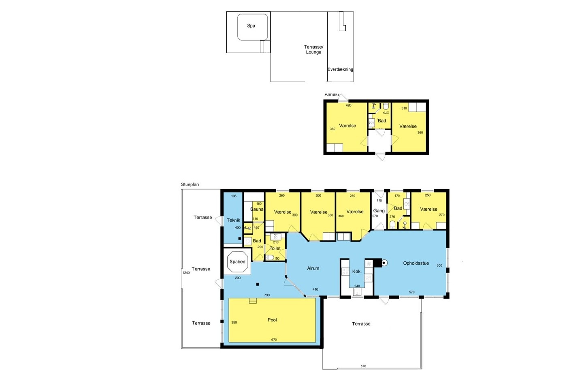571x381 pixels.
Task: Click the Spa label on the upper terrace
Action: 251,26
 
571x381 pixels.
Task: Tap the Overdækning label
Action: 340,69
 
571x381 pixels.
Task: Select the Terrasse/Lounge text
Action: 313,49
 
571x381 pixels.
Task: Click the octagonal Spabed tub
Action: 237,261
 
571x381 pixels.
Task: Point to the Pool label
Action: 272,320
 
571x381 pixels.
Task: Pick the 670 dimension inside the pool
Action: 274,340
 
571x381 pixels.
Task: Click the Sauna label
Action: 257,209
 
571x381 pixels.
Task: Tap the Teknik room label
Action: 233,220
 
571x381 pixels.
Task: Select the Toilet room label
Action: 275,248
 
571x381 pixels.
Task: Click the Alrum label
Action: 313,268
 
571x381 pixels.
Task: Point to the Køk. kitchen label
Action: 356,272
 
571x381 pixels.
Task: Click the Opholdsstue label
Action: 416,263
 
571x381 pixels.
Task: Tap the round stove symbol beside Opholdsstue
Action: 384,263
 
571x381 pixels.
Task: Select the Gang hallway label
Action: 379,211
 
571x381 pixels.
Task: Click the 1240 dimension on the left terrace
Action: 186,273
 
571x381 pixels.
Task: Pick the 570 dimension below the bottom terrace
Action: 363,366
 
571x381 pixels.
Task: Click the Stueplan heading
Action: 190,184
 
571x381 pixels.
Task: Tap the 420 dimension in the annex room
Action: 348,105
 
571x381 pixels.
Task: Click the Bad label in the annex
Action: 382,121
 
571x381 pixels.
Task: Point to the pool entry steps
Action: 253,301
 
